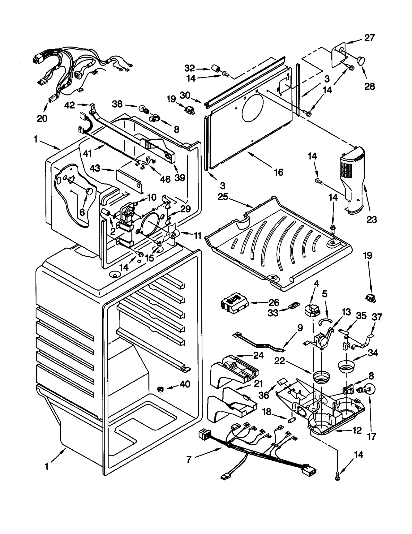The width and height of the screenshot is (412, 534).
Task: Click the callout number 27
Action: click(369, 38)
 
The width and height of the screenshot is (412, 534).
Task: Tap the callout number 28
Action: click(370, 86)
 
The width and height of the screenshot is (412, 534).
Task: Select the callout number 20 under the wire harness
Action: click(42, 118)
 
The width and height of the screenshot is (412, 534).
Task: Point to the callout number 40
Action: click(185, 384)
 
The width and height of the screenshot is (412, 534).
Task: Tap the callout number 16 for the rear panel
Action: click(279, 172)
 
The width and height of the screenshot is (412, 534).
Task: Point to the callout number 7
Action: click(189, 459)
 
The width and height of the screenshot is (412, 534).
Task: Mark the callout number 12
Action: click(357, 430)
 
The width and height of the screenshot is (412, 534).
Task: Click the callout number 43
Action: click(95, 168)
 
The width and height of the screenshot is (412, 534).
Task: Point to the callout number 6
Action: click(82, 212)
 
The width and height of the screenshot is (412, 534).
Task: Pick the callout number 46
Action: click(165, 179)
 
